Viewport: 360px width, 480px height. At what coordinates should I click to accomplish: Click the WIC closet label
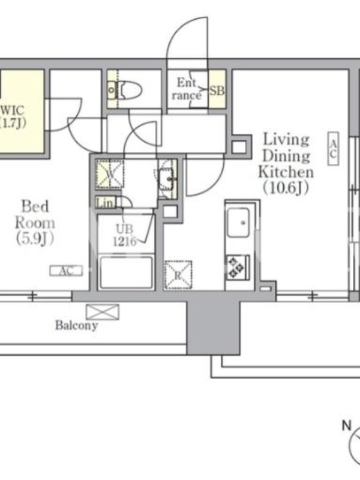tap(13, 110)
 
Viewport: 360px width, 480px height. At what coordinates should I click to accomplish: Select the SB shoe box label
tap(217, 91)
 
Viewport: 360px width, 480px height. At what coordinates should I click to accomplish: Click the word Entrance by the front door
tap(187, 89)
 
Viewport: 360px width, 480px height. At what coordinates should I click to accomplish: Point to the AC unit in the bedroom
tap(66, 271)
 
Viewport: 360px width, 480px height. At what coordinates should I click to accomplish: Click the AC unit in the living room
tap(333, 149)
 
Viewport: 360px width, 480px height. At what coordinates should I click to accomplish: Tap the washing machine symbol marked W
tap(110, 174)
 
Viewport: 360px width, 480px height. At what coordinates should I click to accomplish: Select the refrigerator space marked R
tap(178, 275)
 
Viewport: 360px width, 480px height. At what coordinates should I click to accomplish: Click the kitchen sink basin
tap(238, 222)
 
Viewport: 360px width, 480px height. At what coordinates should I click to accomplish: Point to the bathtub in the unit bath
tap(126, 272)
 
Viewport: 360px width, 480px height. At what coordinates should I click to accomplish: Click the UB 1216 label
tap(125, 235)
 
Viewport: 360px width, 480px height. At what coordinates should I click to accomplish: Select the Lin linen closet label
tap(106, 203)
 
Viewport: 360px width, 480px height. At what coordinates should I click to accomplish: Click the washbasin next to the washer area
tap(167, 179)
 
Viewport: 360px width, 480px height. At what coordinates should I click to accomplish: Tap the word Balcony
tap(77, 325)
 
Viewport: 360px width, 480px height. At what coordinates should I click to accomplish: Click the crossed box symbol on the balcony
tap(103, 312)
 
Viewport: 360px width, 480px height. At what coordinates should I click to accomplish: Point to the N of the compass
tap(346, 425)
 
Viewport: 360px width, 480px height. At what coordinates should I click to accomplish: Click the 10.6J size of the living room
tap(286, 188)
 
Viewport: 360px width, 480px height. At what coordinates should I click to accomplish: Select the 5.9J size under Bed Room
tap(35, 239)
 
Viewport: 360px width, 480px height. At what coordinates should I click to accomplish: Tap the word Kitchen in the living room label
tap(286, 172)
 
